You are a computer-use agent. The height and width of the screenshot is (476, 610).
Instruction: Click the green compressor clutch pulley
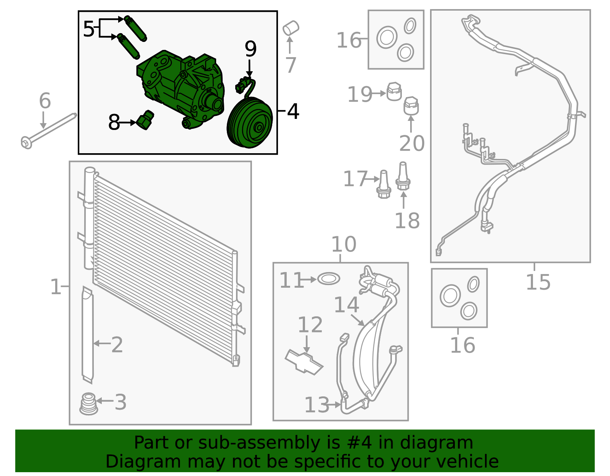tap(250, 123)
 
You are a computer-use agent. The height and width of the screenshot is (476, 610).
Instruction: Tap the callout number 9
tap(250, 49)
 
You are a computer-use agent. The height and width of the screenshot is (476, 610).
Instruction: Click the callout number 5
tap(88, 29)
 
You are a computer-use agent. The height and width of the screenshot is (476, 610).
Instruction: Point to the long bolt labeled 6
tap(50, 128)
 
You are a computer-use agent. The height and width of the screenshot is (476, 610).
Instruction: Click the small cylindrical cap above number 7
tap(291, 28)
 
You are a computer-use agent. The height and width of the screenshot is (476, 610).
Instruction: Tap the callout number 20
tap(412, 143)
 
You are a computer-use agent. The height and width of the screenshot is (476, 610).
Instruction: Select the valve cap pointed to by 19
tap(394, 92)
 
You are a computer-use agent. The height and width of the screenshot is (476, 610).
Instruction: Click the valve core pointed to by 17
tap(384, 184)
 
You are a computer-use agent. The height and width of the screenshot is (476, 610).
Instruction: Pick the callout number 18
tap(407, 221)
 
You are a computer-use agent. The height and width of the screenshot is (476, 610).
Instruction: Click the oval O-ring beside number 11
tap(329, 279)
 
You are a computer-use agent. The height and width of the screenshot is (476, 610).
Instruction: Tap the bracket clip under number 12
tap(304, 361)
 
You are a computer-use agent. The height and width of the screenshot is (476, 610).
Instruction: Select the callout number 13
tap(316, 405)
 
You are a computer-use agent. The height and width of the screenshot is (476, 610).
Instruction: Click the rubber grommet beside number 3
tap(88, 404)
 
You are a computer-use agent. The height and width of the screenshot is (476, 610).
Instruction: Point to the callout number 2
tap(117, 345)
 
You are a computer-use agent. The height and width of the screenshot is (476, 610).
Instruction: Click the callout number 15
tap(538, 282)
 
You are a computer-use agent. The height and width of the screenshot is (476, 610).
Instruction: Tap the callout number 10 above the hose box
tap(344, 244)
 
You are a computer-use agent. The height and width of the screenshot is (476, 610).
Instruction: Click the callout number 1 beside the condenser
tap(56, 287)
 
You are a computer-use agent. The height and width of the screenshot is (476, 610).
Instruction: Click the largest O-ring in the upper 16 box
tap(387, 37)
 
